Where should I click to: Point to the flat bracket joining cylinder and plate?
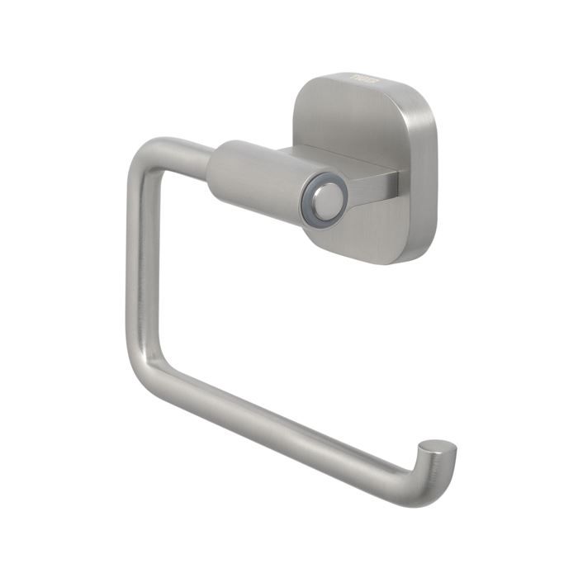tap(379, 182)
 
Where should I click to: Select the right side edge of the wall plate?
tap(425, 173)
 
